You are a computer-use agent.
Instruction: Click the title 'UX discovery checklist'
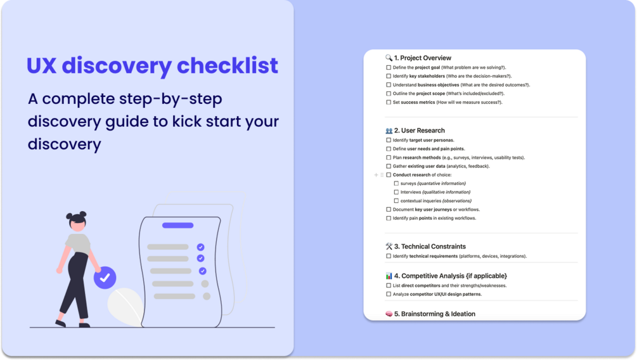152,66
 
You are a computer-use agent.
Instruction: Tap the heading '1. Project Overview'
422,58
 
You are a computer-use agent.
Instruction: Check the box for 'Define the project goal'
389,67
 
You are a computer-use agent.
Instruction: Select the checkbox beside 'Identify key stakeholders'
389,76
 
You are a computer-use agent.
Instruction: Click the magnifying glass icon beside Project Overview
389,58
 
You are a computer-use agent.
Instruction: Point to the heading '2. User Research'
419,131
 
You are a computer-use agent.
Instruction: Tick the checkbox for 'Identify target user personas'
389,140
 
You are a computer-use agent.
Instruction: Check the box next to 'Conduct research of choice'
389,175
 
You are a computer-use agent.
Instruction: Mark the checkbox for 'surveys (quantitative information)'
396,183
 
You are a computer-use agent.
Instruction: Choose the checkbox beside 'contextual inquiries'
396,201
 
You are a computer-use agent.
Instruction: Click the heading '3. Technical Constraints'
430,247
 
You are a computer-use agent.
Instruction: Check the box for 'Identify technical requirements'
389,256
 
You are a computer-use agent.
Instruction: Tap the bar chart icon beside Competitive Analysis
389,276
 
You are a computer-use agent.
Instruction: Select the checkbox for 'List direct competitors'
389,285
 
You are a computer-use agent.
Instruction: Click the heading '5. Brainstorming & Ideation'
434,314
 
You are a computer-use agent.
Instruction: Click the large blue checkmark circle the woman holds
105,277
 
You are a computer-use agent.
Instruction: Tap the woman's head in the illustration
77,220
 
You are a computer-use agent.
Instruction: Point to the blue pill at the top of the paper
178,225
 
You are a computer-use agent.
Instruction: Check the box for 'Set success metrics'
389,102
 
